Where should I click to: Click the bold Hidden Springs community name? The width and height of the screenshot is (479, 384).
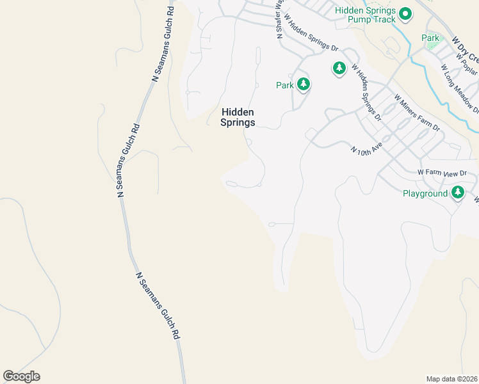[238, 116]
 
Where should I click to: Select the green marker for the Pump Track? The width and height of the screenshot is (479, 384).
[405, 13]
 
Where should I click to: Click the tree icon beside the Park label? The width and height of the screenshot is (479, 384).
[303, 84]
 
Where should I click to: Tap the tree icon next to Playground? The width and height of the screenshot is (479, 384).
[457, 192]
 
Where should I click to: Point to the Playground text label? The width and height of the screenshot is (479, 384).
[424, 193]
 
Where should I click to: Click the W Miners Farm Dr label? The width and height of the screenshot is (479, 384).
[418, 114]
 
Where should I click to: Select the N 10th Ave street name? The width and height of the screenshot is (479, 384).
[366, 148]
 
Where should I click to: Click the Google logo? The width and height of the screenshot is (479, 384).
[21, 376]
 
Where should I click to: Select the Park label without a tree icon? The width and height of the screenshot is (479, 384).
[430, 38]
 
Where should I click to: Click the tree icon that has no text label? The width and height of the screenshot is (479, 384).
[339, 67]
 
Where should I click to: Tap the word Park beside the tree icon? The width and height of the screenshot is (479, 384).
[284, 84]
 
